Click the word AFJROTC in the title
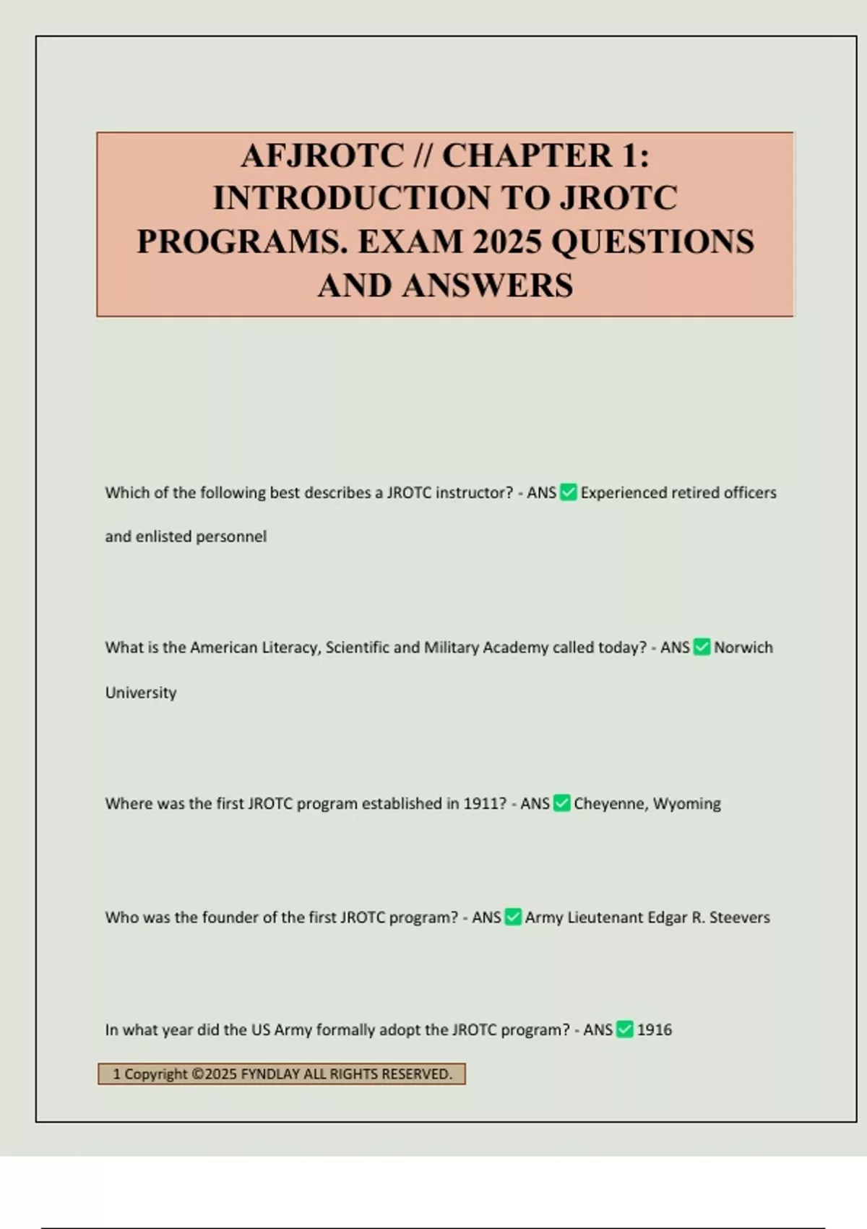[x=322, y=155]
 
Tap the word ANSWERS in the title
[x=488, y=285]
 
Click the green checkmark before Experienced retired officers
[x=569, y=493]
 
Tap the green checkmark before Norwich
[x=702, y=647]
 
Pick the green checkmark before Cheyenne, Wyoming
[x=562, y=803]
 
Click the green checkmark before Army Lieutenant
[x=513, y=917]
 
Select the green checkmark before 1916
[x=625, y=1029]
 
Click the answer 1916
[x=655, y=1029]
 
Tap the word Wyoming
[x=687, y=804]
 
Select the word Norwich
[x=743, y=647]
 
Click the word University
[x=141, y=693]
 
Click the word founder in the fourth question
[x=230, y=917]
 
